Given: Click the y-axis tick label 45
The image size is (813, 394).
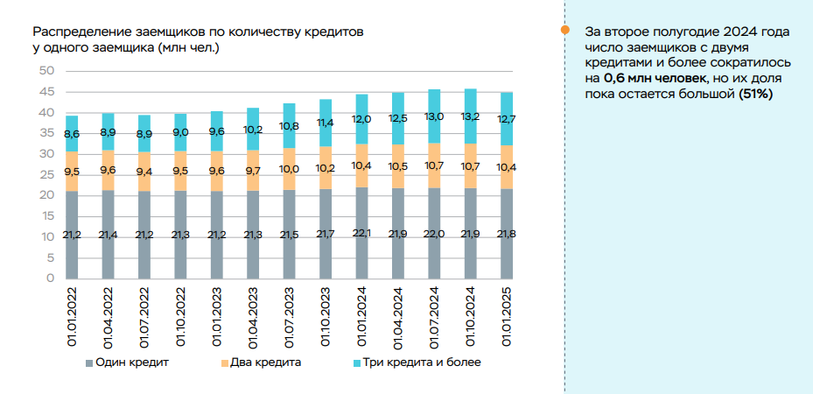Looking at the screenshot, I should click(x=46, y=92).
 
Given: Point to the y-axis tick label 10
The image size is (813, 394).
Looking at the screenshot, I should click(x=46, y=237).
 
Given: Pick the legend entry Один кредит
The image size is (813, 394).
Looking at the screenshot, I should click(x=127, y=362).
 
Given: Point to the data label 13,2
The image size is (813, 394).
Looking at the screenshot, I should click(x=470, y=116).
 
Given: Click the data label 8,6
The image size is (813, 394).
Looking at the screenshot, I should click(x=72, y=134).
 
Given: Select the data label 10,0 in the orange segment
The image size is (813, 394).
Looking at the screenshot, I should click(x=289, y=169).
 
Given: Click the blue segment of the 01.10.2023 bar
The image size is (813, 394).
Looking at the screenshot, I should click(x=326, y=123).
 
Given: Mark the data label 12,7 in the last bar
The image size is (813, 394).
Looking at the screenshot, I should click(x=506, y=120).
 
